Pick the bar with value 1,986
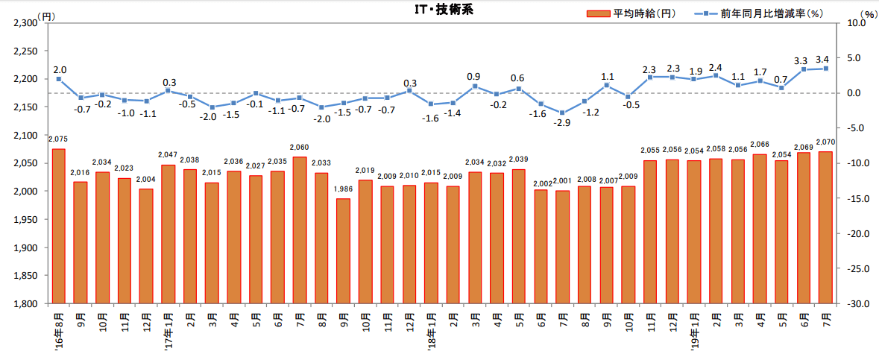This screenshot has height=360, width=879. click(x=343, y=250)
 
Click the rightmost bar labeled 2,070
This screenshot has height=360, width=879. click(x=825, y=227)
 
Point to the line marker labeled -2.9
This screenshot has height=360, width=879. click(x=562, y=113)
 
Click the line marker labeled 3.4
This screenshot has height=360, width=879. click(x=825, y=69)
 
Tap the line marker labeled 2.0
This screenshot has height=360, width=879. click(x=58, y=79)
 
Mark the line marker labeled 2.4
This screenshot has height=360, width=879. click(x=716, y=75)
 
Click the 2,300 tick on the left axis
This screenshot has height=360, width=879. click(x=26, y=23)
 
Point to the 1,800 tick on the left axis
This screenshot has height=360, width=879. click(x=26, y=304)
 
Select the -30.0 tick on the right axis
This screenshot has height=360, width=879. click(x=853, y=304)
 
